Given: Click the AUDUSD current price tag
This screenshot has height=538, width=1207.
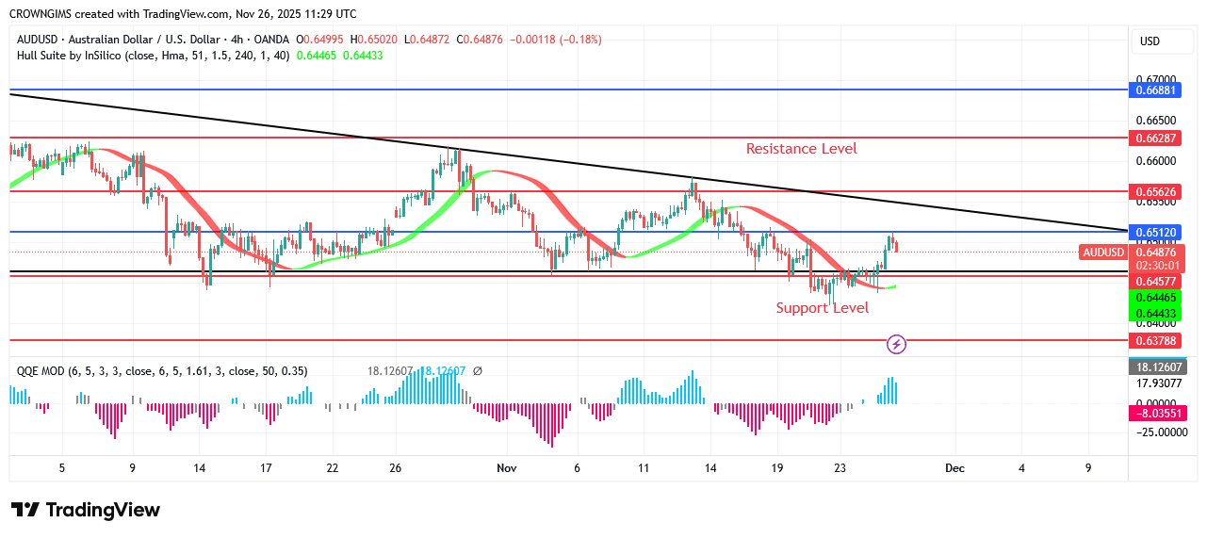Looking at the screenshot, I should (1103, 253).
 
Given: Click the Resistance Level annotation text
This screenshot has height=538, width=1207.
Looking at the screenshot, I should (801, 149).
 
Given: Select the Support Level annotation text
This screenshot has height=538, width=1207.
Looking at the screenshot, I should (822, 308).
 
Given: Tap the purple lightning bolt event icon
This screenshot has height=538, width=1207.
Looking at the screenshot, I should (897, 345).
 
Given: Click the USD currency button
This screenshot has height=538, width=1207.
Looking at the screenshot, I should (1150, 41).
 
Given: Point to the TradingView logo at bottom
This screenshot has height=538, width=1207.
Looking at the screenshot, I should (86, 510).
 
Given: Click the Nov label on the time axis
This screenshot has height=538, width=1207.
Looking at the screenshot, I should (507, 468).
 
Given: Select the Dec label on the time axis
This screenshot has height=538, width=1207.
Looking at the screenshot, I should (954, 468).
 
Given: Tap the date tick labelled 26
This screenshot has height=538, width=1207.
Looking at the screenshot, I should (395, 468).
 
